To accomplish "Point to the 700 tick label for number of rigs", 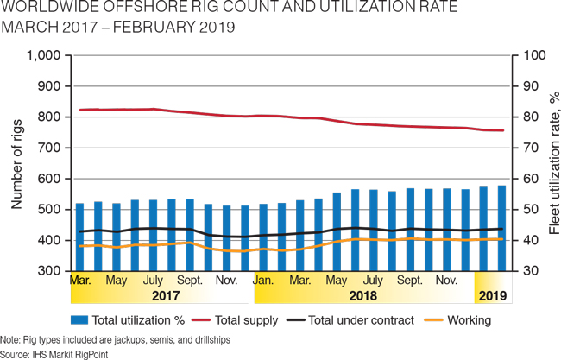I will [x=47, y=148].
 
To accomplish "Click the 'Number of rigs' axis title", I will [x=16, y=163].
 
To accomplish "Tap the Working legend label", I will [x=469, y=320].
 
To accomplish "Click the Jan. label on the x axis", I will [x=264, y=281].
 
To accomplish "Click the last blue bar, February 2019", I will [x=501, y=229].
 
